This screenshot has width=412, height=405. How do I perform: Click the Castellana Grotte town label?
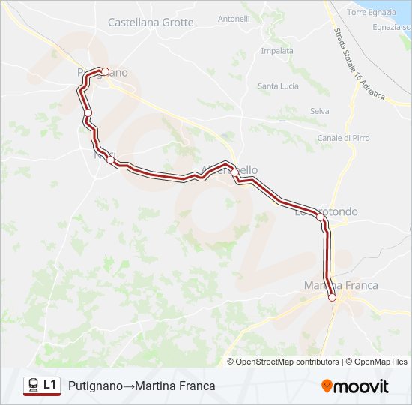pyautogui.click(x=151, y=22)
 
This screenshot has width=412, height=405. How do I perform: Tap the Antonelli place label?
pyautogui.click(x=234, y=18)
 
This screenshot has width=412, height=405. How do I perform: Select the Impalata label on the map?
pyautogui.click(x=276, y=51)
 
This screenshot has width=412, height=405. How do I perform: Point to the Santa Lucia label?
pyautogui.click(x=278, y=86)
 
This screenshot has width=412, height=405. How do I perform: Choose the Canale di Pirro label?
pyautogui.click(x=343, y=138)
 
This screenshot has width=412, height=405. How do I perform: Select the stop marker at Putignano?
pyautogui.click(x=105, y=72)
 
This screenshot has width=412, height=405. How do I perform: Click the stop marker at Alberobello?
pyautogui.click(x=234, y=173)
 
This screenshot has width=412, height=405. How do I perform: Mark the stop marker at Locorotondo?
pyautogui.click(x=320, y=217)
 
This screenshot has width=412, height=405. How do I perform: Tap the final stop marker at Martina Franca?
pyautogui.click(x=332, y=297)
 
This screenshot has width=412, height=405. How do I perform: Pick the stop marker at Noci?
pyautogui.click(x=110, y=159)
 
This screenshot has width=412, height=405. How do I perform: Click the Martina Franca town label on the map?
pyautogui.click(x=341, y=285)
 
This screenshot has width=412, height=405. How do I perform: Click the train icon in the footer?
pyautogui.click(x=33, y=385)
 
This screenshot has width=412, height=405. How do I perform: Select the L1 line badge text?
pyautogui.click(x=50, y=385)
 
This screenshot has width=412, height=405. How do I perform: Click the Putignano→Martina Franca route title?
pyautogui.click(x=142, y=385)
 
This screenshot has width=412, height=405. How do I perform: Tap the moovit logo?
pyautogui.click(x=354, y=385)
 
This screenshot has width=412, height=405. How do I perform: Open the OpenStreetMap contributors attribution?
pyautogui.click(x=288, y=361)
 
